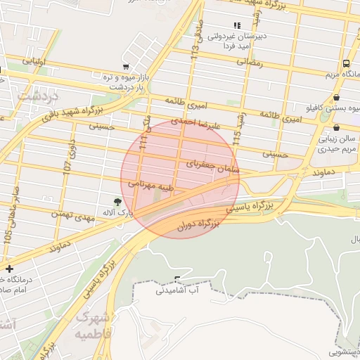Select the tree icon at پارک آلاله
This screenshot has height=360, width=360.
point(117,201)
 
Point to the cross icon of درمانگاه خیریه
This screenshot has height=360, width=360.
point(8,269)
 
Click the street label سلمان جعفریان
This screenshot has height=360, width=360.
point(214,167)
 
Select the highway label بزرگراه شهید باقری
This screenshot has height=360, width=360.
point(70,112)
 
